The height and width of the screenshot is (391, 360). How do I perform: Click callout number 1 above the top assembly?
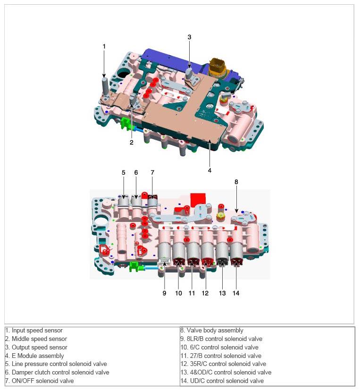point(104,46)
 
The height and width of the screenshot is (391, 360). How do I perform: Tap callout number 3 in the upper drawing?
point(189,37)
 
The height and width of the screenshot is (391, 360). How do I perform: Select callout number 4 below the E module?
point(209,170)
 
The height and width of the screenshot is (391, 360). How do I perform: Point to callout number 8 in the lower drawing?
point(236,181)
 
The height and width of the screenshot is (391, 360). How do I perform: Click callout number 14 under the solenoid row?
point(236,293)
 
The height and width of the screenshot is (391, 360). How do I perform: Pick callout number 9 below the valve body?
point(165,293)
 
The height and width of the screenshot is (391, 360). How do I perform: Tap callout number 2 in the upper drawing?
point(132,142)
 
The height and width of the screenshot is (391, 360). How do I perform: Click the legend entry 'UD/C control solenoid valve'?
point(222,381)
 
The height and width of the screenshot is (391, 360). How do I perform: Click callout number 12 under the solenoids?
point(205,293)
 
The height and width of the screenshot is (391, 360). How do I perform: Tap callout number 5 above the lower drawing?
point(123,173)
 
